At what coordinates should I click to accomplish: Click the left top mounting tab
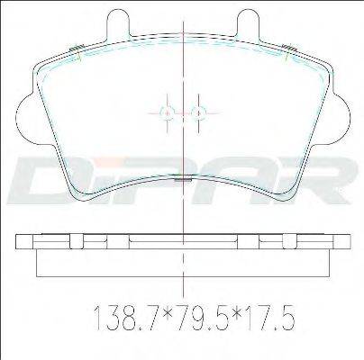click(x=118, y=24)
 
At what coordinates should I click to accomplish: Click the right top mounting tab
click(x=248, y=24)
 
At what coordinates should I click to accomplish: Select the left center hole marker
click(x=168, y=113)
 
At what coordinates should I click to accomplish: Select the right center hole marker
click(x=198, y=113)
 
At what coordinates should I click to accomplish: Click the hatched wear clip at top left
click(x=76, y=48)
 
